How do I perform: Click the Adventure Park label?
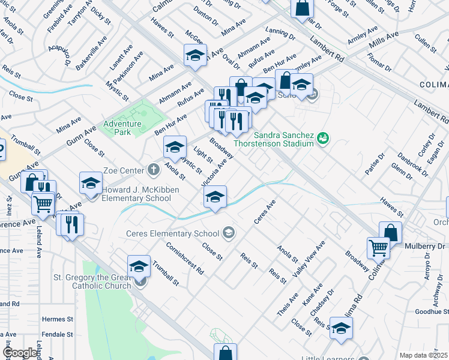tap(122, 128)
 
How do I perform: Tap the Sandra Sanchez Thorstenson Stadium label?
tap(283, 139)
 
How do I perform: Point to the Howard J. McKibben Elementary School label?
tap(136, 194)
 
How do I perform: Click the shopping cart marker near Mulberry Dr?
tap(378, 247)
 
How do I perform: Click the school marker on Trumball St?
tap(139, 266)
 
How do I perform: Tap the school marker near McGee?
tap(194, 56)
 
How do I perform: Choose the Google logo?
tap(20, 353)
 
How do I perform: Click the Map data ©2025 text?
tap(424, 355)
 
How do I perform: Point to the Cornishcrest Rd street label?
tap(185, 259)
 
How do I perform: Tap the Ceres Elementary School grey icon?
tap(228, 232)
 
